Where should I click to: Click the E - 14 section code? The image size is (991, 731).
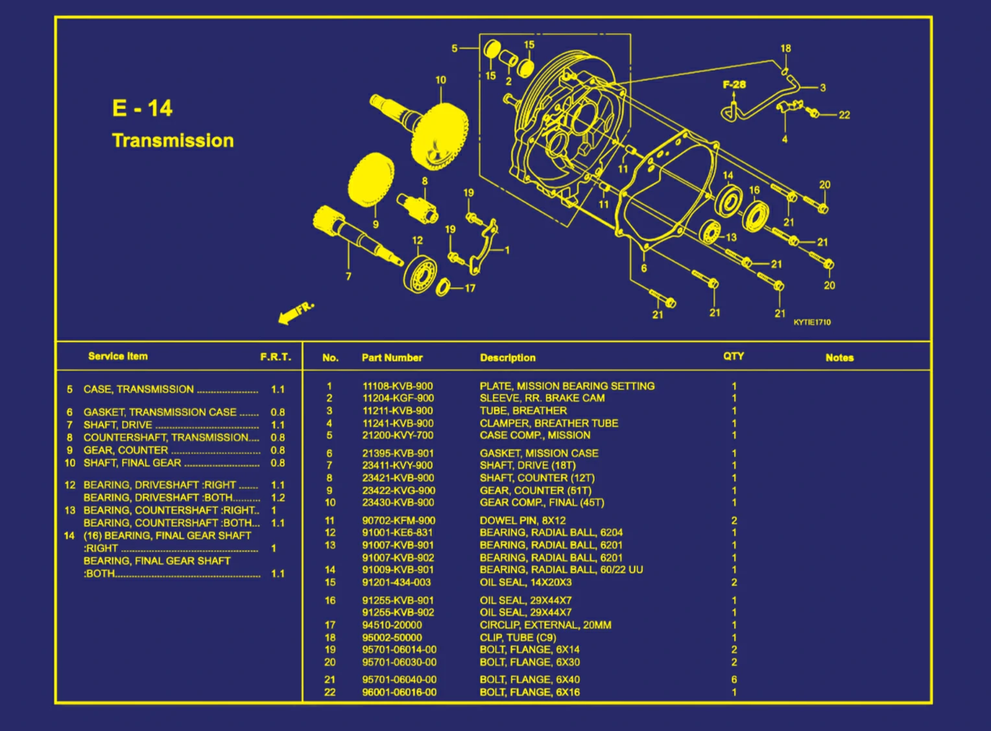tap(142, 108)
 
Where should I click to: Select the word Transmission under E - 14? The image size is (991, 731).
tap(173, 140)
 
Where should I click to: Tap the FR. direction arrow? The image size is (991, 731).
tap(295, 312)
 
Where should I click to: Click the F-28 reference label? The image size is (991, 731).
tap(734, 84)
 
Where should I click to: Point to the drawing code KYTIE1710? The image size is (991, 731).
tap(811, 322)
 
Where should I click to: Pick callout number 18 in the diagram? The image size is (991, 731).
tap(785, 49)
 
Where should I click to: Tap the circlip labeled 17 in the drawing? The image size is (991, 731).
tap(444, 286)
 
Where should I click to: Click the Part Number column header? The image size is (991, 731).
tap(392, 357)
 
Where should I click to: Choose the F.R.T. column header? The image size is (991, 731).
tap(276, 357)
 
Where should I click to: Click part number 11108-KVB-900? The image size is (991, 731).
tap(398, 386)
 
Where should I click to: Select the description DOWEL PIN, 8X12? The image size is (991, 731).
tap(522, 520)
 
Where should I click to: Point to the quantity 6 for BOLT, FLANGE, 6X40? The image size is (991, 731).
tap(734, 680)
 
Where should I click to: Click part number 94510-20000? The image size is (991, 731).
tap(392, 625)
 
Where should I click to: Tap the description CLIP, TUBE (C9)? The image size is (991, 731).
tap(518, 637)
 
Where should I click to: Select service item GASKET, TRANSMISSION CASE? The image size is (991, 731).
tap(160, 412)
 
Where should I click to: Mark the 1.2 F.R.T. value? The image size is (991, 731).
tap(278, 497)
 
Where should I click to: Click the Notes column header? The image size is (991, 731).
tap(839, 357)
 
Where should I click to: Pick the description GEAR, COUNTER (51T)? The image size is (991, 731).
tap(535, 490)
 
